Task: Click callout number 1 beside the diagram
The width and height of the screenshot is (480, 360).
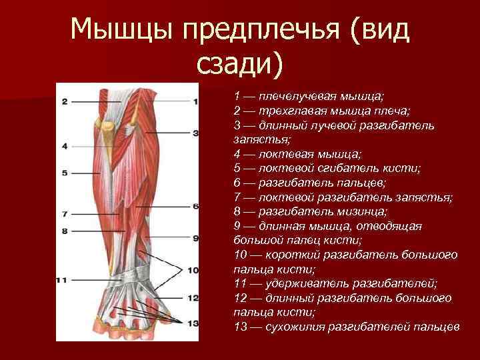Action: pyautogui.click(x=195, y=102)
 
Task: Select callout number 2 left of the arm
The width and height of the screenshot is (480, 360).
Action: pyautogui.click(x=65, y=102)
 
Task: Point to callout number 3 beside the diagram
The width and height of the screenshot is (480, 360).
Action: pyautogui.click(x=195, y=133)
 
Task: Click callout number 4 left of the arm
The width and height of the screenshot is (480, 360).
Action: pyautogui.click(x=65, y=145)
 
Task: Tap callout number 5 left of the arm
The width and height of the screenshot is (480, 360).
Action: pyautogui.click(x=65, y=173)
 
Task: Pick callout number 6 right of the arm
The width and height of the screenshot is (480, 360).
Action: pyautogui.click(x=195, y=207)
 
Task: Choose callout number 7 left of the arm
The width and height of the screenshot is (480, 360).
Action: pyautogui.click(x=65, y=215)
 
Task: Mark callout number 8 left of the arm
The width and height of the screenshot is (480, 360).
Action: pyautogui.click(x=65, y=231)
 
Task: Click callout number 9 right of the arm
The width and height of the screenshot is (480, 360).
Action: pyautogui.click(x=195, y=238)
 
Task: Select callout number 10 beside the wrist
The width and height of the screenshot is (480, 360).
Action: pyautogui.click(x=194, y=271)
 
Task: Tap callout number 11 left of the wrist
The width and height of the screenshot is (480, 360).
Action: pyautogui.click(x=62, y=280)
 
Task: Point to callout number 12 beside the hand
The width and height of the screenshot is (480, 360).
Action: pyautogui.click(x=194, y=297)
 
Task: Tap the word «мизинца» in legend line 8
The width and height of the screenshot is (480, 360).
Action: pyautogui.click(x=360, y=211)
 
